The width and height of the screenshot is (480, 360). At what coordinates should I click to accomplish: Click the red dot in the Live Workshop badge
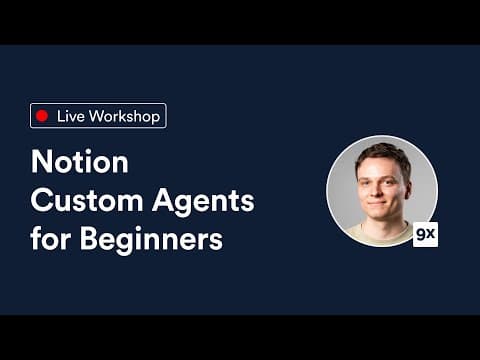[x=42, y=116]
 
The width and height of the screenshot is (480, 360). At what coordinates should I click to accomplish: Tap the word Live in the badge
[x=69, y=116]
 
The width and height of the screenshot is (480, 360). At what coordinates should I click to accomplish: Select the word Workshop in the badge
[x=124, y=116]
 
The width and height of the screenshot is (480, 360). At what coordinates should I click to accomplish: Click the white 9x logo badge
[x=425, y=235]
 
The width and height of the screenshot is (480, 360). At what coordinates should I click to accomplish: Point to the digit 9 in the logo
[x=420, y=235]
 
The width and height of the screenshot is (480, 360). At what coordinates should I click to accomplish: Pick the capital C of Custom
[x=42, y=201]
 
